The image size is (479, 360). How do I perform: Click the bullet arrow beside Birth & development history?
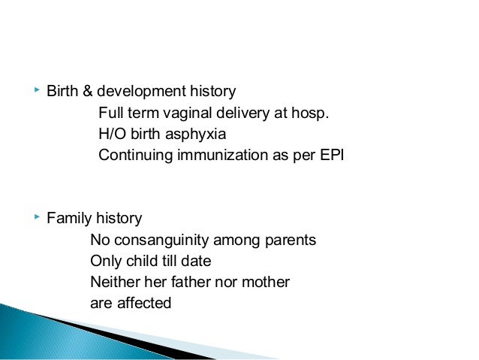(x=37, y=91)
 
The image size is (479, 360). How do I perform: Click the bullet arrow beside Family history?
(x=37, y=218)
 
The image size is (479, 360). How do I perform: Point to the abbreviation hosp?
(x=311, y=113)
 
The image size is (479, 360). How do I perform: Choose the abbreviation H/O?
(x=112, y=135)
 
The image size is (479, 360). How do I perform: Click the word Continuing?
(x=132, y=156)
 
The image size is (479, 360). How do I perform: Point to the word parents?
(x=291, y=241)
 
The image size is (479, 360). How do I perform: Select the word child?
(x=137, y=262)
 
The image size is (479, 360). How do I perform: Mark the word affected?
(x=143, y=304)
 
